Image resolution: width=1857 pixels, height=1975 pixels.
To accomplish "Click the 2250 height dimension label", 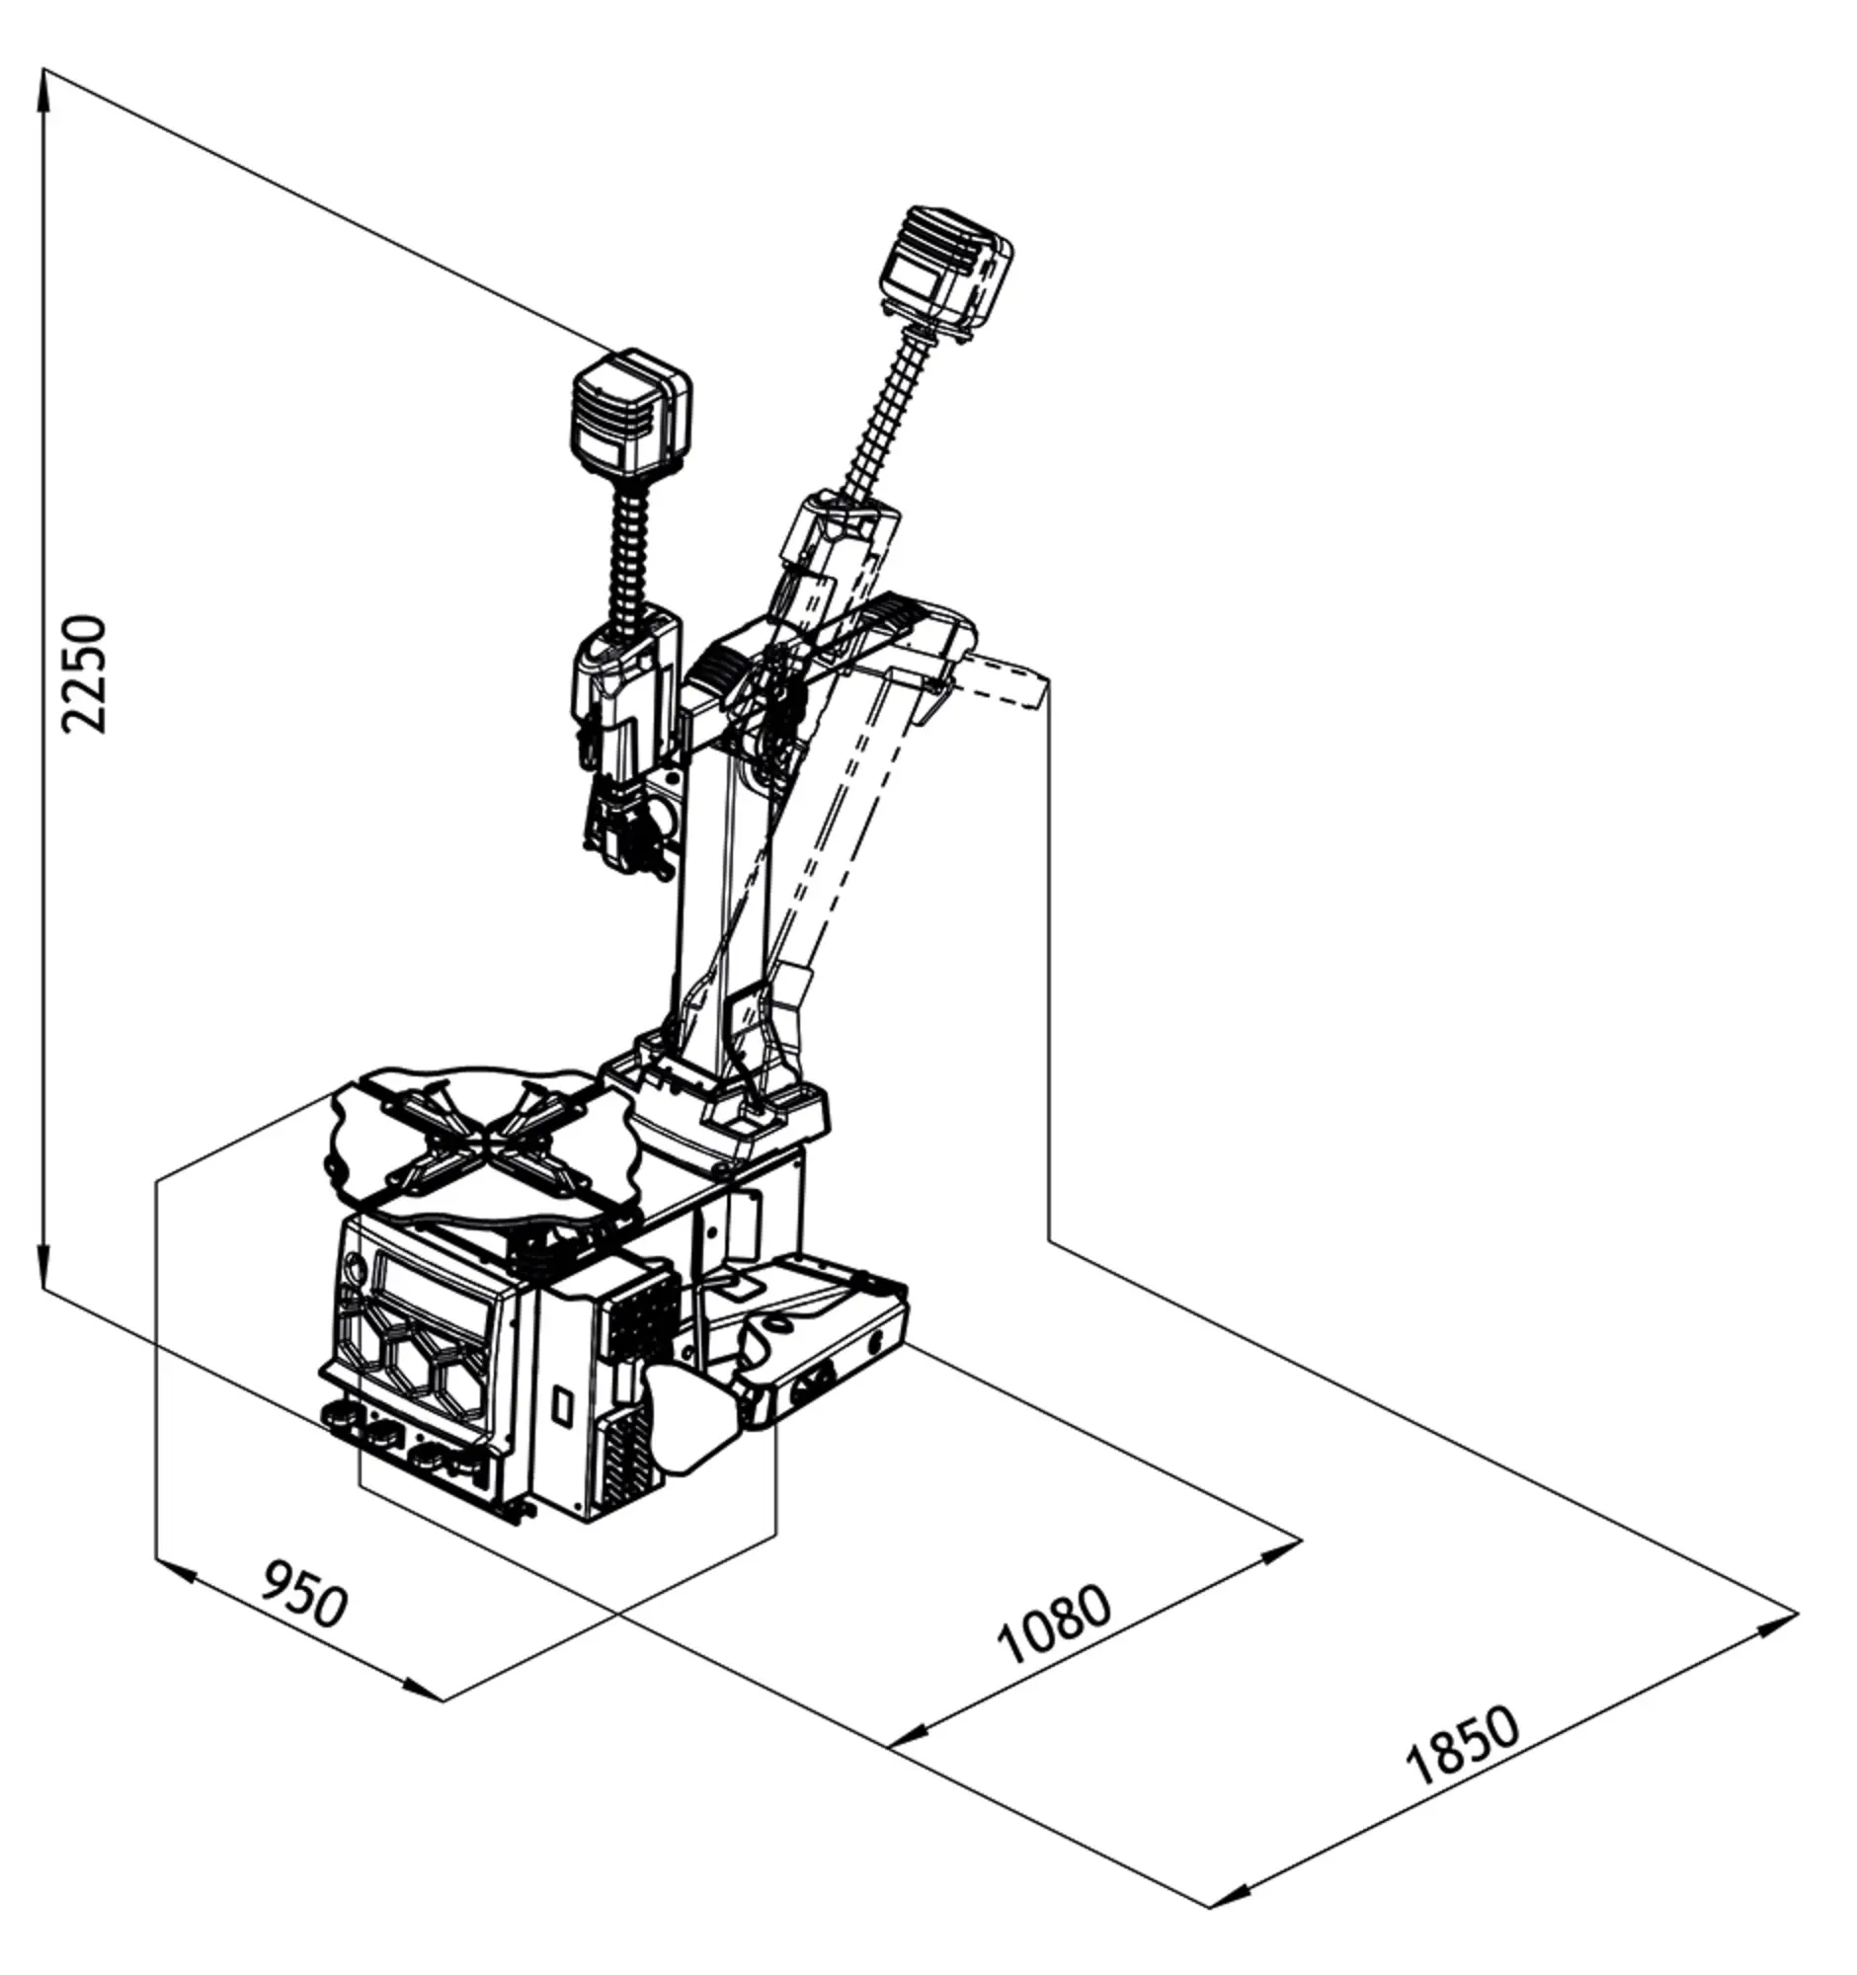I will [x=83, y=674].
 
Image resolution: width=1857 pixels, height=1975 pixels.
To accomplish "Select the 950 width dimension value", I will [x=304, y=1594].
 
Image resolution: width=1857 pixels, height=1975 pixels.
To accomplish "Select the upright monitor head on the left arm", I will [x=630, y=414].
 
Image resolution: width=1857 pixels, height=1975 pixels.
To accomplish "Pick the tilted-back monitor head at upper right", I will [x=947, y=269].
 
